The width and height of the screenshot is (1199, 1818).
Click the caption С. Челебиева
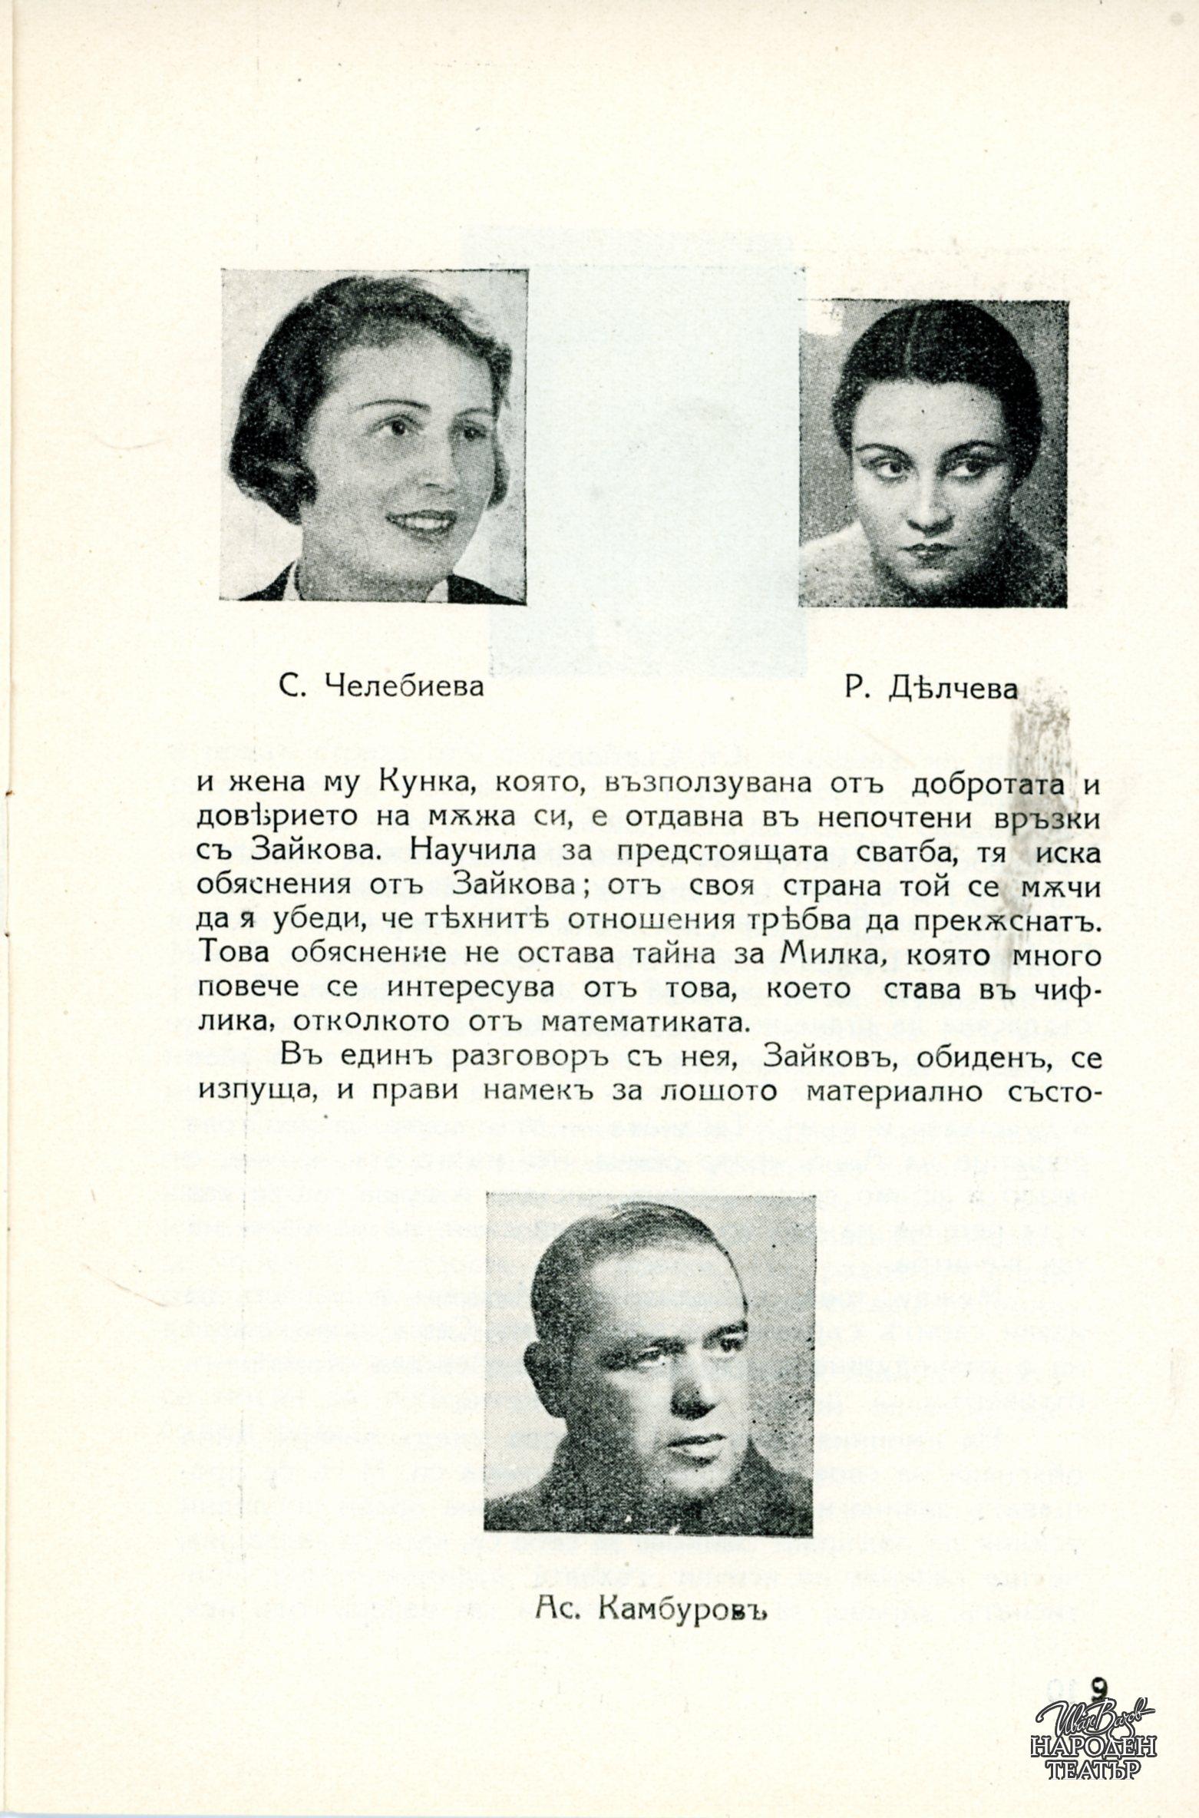tap(382, 686)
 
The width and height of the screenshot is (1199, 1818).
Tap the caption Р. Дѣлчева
tap(930, 689)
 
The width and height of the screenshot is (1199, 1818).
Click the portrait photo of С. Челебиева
tap(374, 435)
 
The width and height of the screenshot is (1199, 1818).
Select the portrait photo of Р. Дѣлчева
tap(933, 453)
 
